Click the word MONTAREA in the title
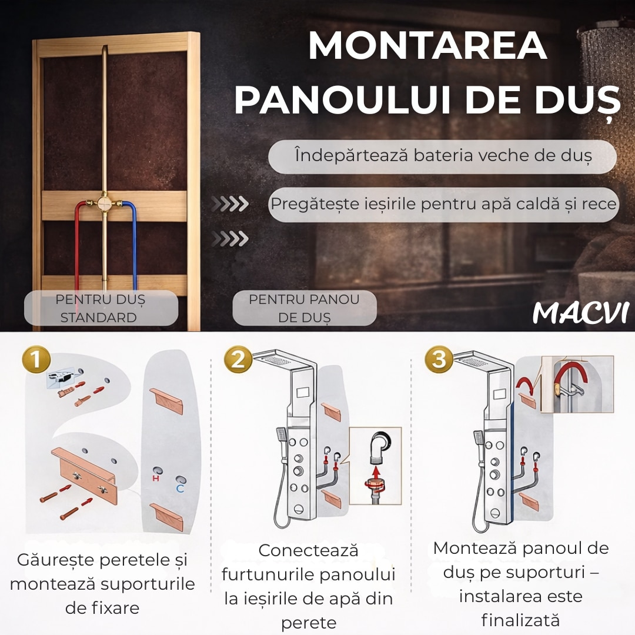tap(428, 46)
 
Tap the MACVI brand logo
tap(581, 313)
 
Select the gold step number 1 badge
tap(36, 359)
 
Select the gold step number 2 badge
tap(238, 359)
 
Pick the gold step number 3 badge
tap(439, 359)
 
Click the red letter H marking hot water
tap(156, 478)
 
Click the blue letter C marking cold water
tap(181, 489)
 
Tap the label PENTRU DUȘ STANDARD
tap(101, 308)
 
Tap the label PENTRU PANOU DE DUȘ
tap(305, 308)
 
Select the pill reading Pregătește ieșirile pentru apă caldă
tap(444, 205)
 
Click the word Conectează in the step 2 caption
tap(308, 550)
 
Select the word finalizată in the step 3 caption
tap(521, 620)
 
